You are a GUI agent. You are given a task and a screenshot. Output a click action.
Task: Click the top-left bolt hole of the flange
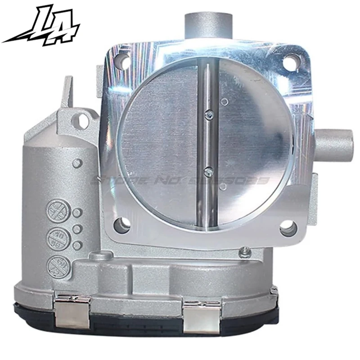tap(122, 63)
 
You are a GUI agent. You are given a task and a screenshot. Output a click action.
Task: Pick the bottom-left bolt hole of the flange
tap(122, 224)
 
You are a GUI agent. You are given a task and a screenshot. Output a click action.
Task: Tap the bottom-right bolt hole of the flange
tap(288, 229)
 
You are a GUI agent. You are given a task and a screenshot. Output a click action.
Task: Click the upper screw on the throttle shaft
tap(207, 116)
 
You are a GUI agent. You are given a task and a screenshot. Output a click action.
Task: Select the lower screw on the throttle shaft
tap(208, 171)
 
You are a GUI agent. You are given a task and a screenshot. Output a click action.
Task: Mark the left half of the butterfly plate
tap(162, 144)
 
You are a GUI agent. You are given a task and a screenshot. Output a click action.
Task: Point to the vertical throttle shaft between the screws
tap(208, 143)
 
